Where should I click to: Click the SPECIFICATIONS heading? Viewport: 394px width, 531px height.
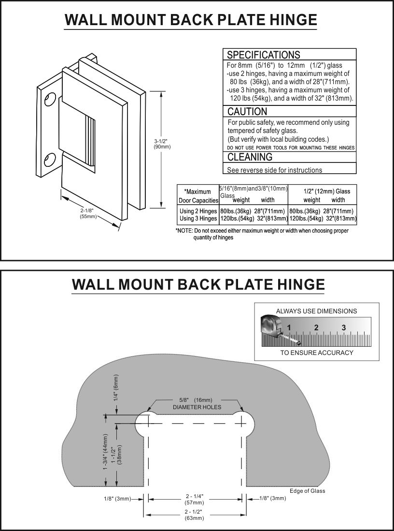(x=263, y=55)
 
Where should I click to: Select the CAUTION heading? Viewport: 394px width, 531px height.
(x=247, y=112)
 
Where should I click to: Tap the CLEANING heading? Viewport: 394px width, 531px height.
(x=250, y=157)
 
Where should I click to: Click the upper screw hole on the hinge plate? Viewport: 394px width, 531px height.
(x=50, y=100)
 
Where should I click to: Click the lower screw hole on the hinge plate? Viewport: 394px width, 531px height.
(x=50, y=160)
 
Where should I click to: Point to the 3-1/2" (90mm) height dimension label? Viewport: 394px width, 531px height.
(x=162, y=144)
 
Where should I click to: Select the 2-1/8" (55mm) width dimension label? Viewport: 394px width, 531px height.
(x=88, y=214)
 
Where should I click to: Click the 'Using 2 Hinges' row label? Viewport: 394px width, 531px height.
(x=198, y=211)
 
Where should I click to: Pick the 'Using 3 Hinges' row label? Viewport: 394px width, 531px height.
(x=198, y=219)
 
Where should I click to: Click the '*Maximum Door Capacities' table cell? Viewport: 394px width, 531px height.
(x=198, y=196)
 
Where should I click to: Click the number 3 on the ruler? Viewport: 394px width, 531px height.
(x=344, y=328)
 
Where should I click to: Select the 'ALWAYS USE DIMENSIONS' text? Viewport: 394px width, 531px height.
(x=316, y=311)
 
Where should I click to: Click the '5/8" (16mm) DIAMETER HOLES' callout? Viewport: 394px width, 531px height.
(x=197, y=403)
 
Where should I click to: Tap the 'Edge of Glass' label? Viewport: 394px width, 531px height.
(x=308, y=491)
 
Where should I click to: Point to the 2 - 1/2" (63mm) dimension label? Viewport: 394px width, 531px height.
(x=194, y=515)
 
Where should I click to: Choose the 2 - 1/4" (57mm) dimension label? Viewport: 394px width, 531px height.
(x=194, y=500)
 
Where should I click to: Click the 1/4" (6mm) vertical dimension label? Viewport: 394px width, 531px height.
(x=116, y=389)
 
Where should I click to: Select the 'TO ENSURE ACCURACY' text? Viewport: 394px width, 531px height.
(x=317, y=353)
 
